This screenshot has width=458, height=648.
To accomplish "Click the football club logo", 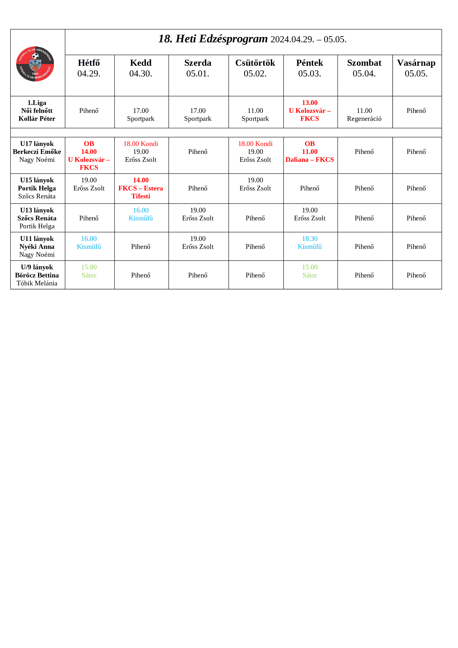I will pos(35,64).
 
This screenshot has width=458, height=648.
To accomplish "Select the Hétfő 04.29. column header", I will pos(89,68).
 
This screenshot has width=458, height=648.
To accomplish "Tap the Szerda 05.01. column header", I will pos(198,68).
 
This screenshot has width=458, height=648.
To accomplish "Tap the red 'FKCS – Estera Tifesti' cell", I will pos(141,188).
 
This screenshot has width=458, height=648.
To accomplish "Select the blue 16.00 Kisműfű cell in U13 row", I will pos(141,214).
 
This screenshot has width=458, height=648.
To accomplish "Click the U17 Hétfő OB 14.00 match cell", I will pos(89,156).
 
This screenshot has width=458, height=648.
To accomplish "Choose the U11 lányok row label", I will pos(37,247).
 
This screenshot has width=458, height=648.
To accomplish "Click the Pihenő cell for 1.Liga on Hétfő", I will pos(89,111).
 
